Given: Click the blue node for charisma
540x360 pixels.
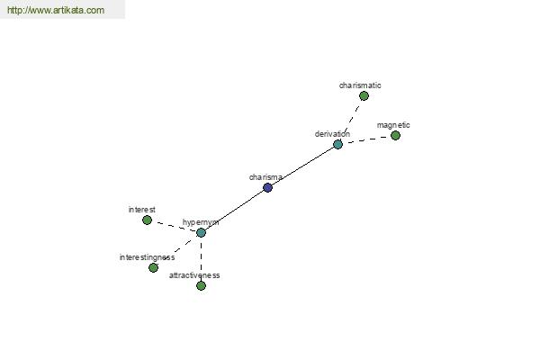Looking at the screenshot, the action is [x=267, y=188].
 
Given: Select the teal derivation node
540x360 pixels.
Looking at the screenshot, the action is [x=337, y=144].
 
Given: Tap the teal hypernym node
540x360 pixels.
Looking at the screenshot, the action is [x=201, y=232].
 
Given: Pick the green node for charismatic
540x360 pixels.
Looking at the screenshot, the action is [x=364, y=95].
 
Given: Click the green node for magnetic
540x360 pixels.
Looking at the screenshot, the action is [x=395, y=135].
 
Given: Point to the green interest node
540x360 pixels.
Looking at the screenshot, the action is [x=147, y=220].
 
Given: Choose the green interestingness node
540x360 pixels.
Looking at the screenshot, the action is [x=153, y=267].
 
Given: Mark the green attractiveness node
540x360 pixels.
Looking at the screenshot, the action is [x=201, y=285].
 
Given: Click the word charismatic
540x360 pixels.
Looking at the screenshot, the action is [x=360, y=85].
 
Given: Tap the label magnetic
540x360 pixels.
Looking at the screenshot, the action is [x=393, y=125].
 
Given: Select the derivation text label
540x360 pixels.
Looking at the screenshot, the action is [x=332, y=134].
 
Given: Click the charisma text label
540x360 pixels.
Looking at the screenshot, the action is [x=265, y=177].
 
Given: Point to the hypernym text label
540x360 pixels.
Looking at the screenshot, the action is [x=201, y=222].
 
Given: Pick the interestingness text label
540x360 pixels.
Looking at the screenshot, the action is [x=147, y=257].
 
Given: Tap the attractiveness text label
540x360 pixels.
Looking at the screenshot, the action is [x=194, y=275].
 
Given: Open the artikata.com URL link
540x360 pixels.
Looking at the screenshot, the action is [x=56, y=10].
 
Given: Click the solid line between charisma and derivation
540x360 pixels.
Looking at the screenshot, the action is [x=302, y=166].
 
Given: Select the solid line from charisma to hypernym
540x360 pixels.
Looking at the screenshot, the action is [x=235, y=210].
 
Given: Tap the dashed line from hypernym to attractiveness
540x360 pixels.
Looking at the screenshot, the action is [x=201, y=259].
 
